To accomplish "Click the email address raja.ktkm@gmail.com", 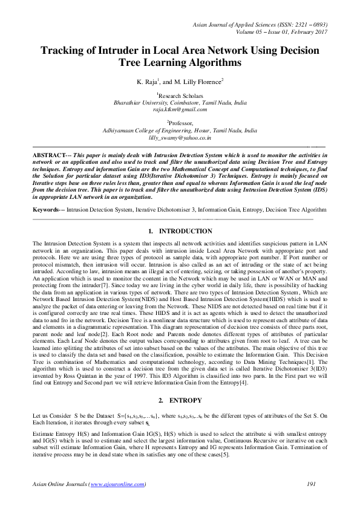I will (x=180, y=109).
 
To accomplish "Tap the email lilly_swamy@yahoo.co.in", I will (x=180, y=138).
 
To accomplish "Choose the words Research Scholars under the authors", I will (x=181, y=96).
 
